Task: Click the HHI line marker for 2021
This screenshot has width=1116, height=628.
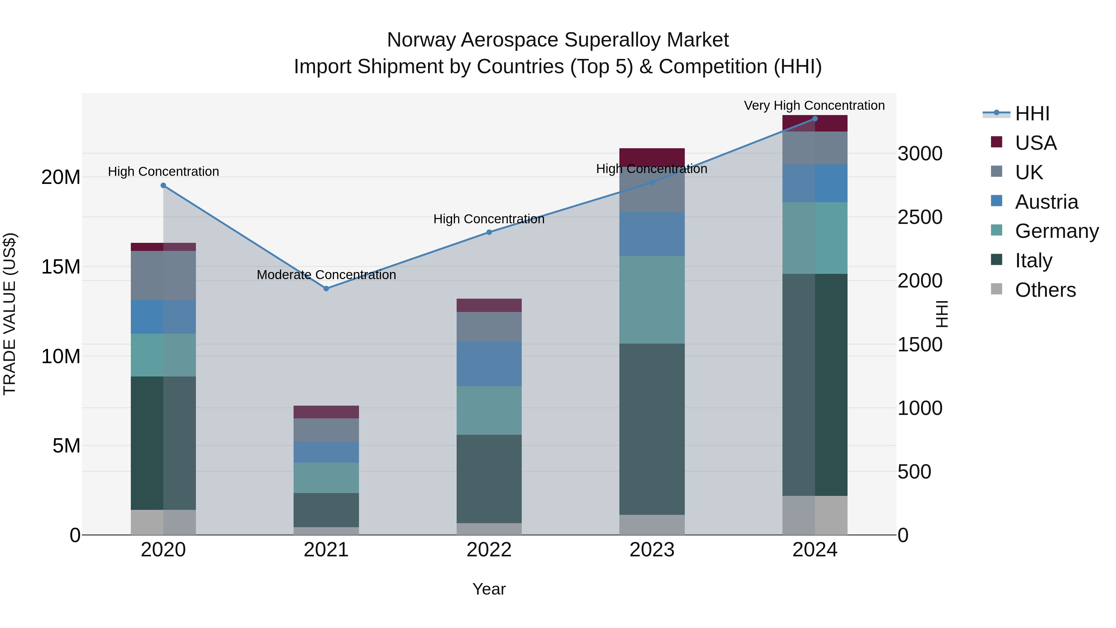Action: (326, 289)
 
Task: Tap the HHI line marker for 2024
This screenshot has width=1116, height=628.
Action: (814, 119)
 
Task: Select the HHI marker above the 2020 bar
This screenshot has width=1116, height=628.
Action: (163, 185)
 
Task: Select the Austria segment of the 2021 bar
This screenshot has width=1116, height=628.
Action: (326, 452)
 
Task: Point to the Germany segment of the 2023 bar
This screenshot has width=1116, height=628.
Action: (652, 300)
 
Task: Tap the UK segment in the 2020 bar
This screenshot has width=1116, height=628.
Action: (163, 275)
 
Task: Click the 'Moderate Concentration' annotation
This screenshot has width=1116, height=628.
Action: (326, 275)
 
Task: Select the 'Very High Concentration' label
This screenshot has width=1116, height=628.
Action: (814, 105)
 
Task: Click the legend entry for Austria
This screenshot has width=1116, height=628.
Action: (1046, 202)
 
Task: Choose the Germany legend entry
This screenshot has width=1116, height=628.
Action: (1057, 231)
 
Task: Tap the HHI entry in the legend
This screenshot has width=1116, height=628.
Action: (1032, 114)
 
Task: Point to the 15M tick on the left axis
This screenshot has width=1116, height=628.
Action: (61, 266)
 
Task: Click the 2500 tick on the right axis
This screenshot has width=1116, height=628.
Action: (920, 217)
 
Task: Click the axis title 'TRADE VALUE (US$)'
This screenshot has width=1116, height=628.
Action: (10, 314)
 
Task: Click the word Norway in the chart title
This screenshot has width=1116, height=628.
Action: (420, 40)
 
